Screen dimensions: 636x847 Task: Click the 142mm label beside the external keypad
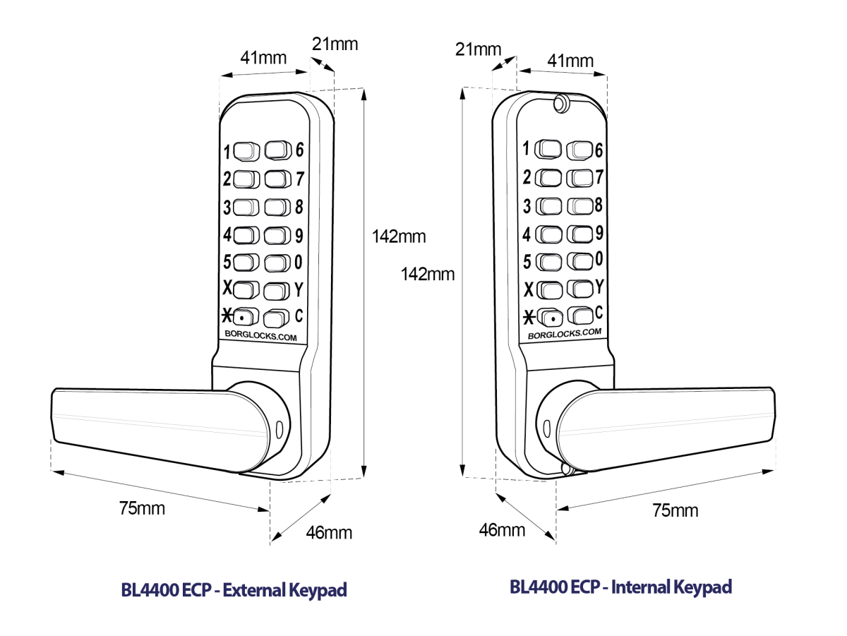(400, 236)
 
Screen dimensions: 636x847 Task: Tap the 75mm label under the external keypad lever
(142, 508)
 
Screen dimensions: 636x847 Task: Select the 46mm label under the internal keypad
(502, 529)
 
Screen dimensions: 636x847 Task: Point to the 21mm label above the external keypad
(335, 44)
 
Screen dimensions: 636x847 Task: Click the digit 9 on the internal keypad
(599, 232)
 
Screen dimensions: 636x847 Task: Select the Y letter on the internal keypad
(599, 286)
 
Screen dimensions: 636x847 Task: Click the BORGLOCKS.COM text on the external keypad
(260, 337)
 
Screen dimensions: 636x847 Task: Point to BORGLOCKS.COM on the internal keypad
(565, 333)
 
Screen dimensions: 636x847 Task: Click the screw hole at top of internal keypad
(561, 102)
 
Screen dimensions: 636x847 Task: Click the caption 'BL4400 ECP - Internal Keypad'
(620, 587)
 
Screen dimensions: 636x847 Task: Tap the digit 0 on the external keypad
(299, 262)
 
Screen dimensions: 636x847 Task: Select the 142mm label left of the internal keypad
(428, 273)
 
